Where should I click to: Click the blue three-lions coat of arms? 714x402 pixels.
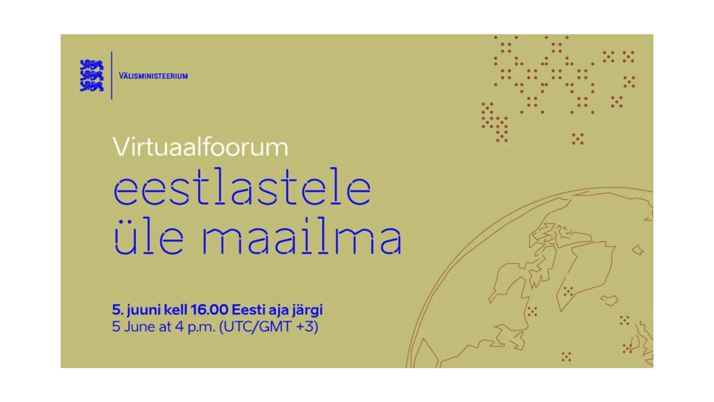tap(91, 76)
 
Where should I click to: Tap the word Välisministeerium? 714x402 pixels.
tap(153, 76)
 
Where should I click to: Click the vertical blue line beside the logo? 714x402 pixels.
tap(112, 75)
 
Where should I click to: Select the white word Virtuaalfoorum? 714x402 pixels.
tap(200, 147)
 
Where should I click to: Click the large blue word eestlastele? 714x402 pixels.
tap(242, 187)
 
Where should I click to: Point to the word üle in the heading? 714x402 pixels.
tap(149, 236)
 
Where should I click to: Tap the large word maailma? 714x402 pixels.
tap(302, 236)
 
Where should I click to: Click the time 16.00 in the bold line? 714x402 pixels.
tap(209, 310)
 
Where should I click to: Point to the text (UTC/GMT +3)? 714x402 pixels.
tap(268, 327)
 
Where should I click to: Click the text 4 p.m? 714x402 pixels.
tap(195, 327)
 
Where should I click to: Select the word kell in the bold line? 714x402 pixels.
tap(176, 310)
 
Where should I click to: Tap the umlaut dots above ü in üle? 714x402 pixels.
tap(123, 222)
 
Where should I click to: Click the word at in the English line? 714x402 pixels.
tap(165, 327)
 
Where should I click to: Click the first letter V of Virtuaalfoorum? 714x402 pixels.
tap(121, 147)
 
